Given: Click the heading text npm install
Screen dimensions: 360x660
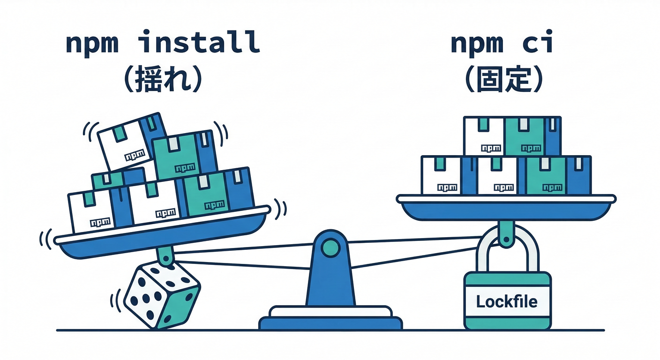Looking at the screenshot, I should [162, 43].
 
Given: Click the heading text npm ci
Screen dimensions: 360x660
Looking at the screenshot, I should [502, 43].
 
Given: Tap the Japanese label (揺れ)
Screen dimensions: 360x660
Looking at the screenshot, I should [162, 81].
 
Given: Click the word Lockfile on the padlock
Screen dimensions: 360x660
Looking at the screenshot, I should [507, 301].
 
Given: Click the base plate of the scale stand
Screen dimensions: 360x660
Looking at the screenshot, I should [330, 322].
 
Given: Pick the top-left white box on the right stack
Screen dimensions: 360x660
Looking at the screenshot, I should [484, 136].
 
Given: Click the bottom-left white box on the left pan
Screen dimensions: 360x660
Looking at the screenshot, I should [92, 211].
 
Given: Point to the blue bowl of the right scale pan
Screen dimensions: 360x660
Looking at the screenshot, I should [506, 211].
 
